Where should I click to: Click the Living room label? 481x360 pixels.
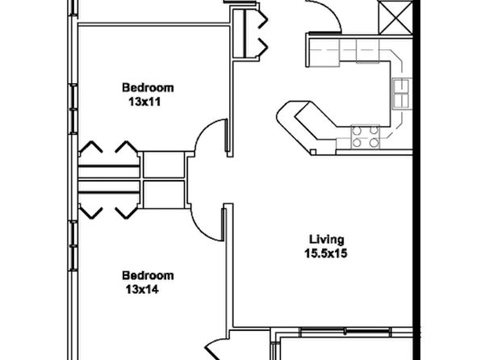coord(326,240)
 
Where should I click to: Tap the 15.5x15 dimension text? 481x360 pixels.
coord(326,253)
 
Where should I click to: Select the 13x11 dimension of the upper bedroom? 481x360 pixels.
coord(144,102)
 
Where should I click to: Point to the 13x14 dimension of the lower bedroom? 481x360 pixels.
coord(142,290)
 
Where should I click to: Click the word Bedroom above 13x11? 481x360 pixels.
coord(148,87)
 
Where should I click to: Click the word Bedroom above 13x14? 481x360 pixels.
coord(148,275)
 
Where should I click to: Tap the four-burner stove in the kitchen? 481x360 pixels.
coord(366,136)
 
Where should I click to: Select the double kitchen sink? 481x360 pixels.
coord(401,94)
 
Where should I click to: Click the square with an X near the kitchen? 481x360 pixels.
coord(395,17)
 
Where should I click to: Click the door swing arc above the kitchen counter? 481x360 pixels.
coord(333,11)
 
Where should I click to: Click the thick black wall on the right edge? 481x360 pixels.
coord(416,180)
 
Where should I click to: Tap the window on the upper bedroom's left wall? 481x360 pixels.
coord(73,109)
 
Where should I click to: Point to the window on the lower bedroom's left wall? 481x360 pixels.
coord(73,245)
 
